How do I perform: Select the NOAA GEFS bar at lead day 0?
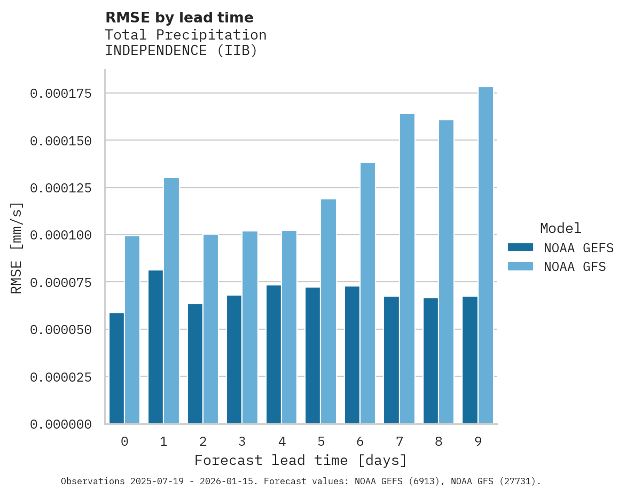[x=116, y=368]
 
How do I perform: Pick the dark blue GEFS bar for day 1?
[x=156, y=347]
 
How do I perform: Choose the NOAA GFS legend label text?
[x=575, y=266]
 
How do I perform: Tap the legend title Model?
[x=560, y=229]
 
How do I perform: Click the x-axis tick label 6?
[x=360, y=441]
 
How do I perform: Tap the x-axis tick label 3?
[x=242, y=441]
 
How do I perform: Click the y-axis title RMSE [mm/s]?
[x=17, y=248]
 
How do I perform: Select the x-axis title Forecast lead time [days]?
[x=301, y=460]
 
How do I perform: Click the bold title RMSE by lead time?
[x=179, y=18]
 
